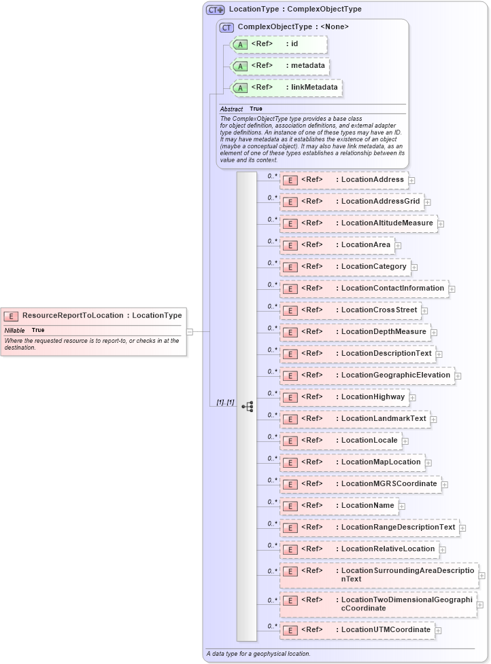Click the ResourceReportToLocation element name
(73, 315)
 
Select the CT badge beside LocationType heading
(216, 10)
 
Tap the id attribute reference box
(280, 44)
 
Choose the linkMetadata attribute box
(287, 88)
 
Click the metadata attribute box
(281, 66)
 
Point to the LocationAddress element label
(372, 180)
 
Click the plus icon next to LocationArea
(398, 246)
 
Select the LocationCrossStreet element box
(350, 310)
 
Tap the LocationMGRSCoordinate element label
(388, 483)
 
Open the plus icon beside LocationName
(401, 506)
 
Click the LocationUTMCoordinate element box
(356, 630)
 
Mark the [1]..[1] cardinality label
(225, 402)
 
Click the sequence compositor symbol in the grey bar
(248, 407)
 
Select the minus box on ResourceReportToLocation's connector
(190, 332)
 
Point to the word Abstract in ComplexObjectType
(231, 109)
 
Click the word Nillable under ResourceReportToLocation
(14, 330)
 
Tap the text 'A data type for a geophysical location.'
(258, 654)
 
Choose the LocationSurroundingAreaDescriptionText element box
(378, 575)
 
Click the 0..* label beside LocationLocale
(272, 436)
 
